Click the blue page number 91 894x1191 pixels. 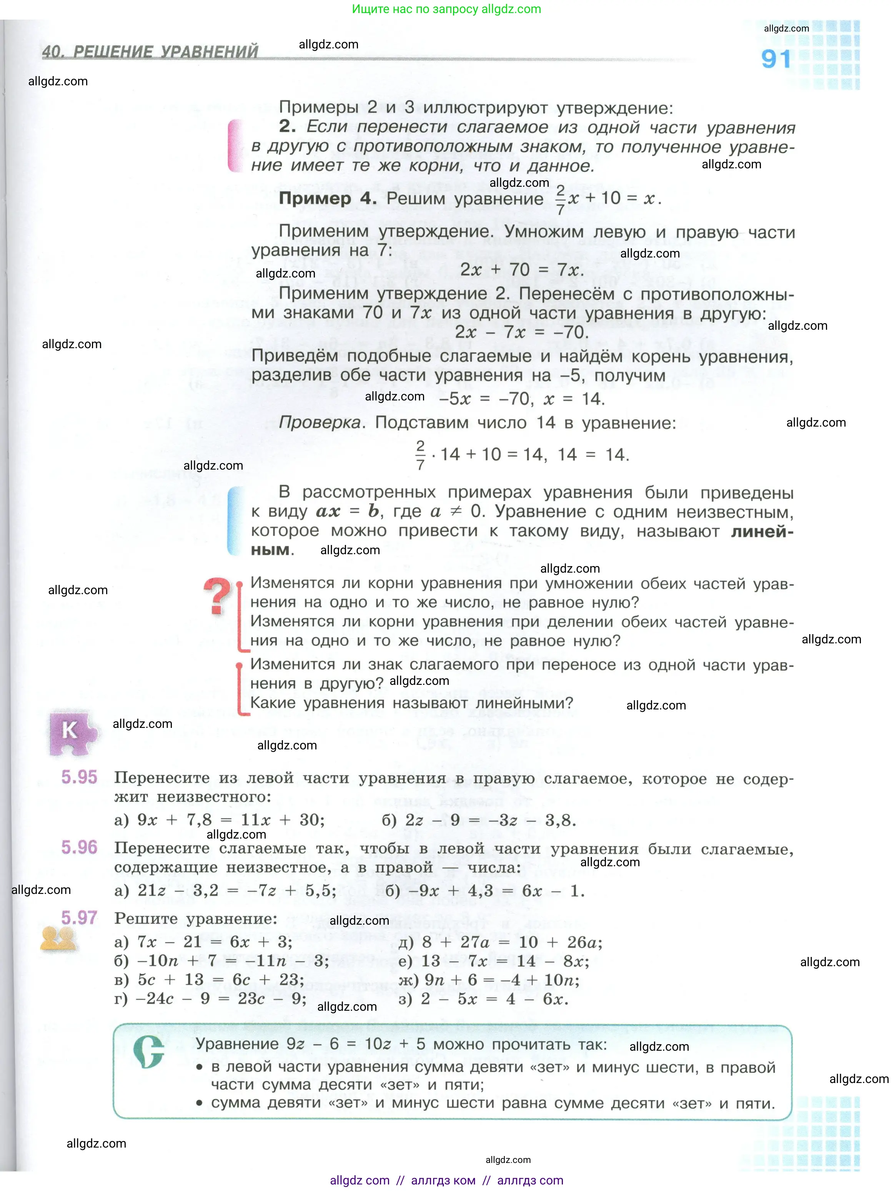pyautogui.click(x=776, y=59)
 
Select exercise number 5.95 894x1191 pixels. pyautogui.click(x=79, y=777)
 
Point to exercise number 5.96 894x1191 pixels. pyautogui.click(x=79, y=847)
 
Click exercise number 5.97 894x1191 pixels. pyautogui.click(x=79, y=917)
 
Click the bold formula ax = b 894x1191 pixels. pyautogui.click(x=347, y=511)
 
